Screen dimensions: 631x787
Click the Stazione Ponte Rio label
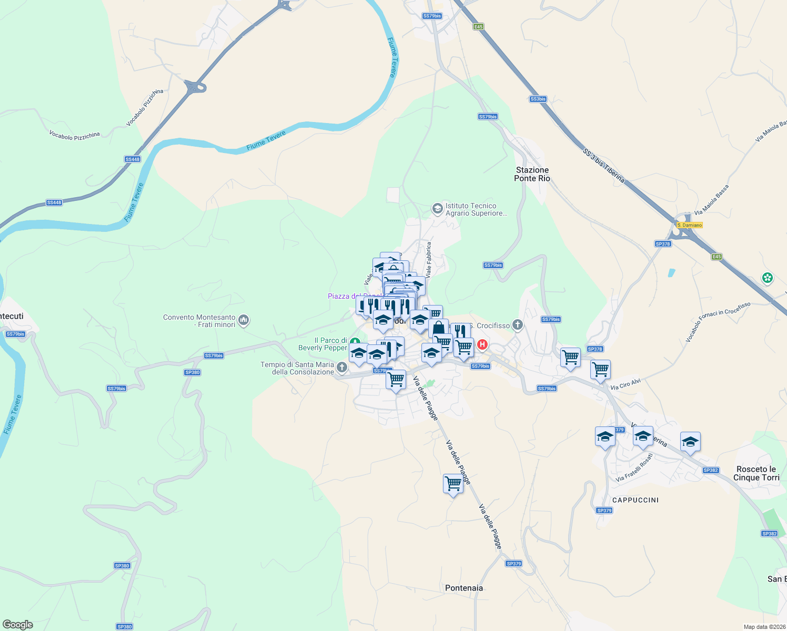click(532, 174)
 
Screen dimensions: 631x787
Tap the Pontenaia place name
click(463, 588)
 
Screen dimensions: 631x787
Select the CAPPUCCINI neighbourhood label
click(635, 500)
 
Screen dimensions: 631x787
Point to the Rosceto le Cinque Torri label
click(756, 473)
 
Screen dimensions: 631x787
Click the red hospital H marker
click(482, 345)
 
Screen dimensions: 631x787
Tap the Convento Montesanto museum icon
click(244, 320)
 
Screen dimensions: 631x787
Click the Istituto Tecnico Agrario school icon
click(437, 209)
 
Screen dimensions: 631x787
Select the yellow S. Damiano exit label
click(689, 225)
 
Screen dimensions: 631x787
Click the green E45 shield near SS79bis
click(478, 27)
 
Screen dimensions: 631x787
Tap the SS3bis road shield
click(538, 99)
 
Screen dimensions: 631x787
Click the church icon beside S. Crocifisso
click(518, 325)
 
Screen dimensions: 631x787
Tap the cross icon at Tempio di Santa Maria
click(342, 368)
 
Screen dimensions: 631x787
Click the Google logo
click(17, 625)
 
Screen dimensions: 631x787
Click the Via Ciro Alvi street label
click(625, 384)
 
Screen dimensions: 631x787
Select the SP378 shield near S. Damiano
click(663, 244)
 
